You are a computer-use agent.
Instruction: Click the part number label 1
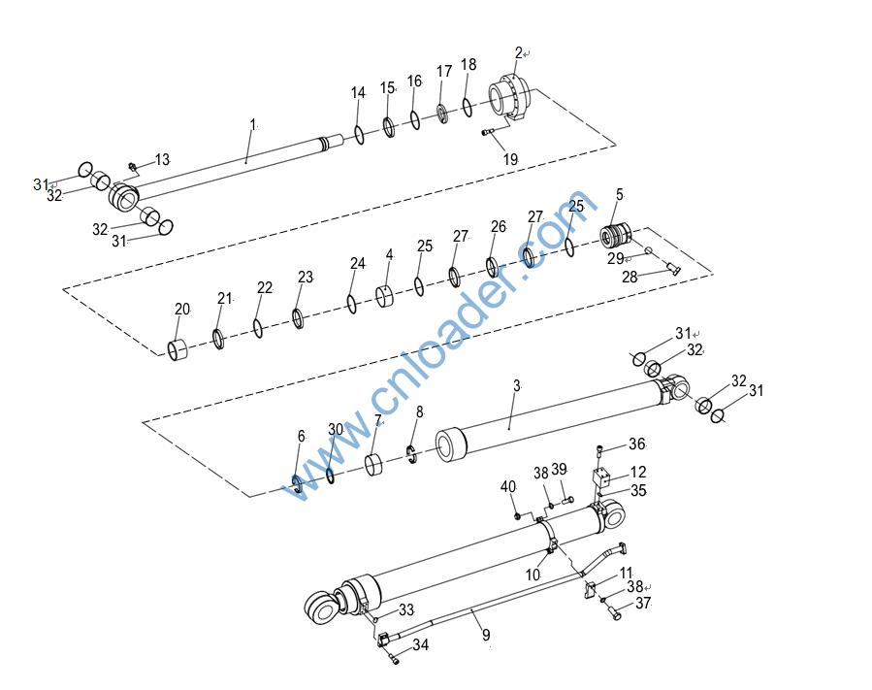253,124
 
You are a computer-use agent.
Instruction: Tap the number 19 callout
510,159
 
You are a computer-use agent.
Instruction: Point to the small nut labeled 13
133,166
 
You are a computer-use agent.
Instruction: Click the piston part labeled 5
616,234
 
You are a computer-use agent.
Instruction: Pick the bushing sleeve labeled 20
178,348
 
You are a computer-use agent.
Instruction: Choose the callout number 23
306,278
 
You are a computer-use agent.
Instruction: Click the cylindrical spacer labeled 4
385,296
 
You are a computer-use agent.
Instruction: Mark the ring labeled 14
359,135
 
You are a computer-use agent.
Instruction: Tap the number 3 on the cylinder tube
517,385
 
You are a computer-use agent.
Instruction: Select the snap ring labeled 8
411,454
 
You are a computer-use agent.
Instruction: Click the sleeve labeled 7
374,465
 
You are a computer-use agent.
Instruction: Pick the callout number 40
508,487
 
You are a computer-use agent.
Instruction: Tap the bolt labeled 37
614,613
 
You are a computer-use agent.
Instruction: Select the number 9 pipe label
486,635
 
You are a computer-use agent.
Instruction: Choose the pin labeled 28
672,270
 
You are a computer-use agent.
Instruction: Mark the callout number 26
499,226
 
